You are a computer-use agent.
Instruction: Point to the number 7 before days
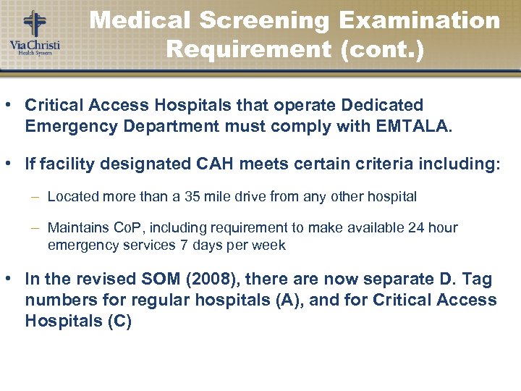pyautogui.click(x=182, y=245)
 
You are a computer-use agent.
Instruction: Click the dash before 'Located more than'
pyautogui.click(x=35, y=196)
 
